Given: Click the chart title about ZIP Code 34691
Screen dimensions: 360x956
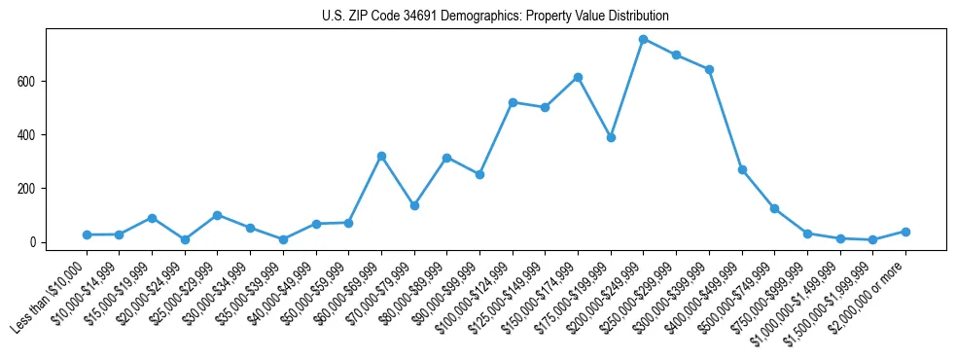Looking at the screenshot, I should click(x=495, y=17).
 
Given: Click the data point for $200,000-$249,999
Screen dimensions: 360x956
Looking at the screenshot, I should click(x=644, y=39).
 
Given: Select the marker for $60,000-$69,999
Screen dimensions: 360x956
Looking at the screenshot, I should click(x=381, y=156).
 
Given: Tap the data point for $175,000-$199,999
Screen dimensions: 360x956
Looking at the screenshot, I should click(x=611, y=137).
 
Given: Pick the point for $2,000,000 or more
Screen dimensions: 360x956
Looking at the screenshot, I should click(x=905, y=232).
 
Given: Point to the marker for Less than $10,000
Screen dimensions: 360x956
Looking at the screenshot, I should click(x=87, y=234).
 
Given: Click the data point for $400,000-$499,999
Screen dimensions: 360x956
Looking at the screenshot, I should click(x=742, y=169).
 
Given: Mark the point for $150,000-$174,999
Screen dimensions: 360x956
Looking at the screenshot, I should click(x=578, y=77).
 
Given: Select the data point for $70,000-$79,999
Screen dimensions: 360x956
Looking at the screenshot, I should click(x=414, y=205).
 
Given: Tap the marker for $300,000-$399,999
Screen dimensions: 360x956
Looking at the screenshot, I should click(x=709, y=69).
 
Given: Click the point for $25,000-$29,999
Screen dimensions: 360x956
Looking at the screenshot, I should click(x=217, y=215).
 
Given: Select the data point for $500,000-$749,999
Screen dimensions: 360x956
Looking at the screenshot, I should click(x=774, y=208).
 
